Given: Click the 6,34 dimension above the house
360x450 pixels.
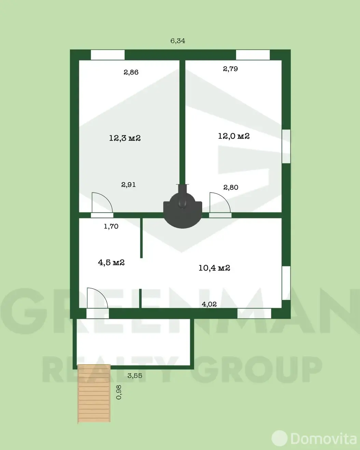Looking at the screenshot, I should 178,41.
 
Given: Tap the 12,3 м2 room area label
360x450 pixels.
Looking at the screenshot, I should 125,138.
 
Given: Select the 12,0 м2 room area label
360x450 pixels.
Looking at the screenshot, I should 234,136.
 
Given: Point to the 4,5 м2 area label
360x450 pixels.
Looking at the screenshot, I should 111,262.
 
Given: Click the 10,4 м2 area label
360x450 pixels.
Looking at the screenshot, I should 214,268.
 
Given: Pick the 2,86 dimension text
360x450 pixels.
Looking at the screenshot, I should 131,72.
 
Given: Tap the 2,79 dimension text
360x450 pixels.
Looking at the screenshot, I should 230,69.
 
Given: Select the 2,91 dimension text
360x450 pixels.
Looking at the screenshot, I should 128,185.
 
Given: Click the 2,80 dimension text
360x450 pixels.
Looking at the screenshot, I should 231,187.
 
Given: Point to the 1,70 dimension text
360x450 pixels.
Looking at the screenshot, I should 111,226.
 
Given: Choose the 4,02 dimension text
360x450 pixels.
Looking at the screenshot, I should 209,304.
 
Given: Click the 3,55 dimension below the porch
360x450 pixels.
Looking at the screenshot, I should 135,376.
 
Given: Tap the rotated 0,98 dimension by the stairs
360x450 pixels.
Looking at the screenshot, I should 119,392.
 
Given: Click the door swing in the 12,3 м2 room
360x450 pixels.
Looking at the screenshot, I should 102,203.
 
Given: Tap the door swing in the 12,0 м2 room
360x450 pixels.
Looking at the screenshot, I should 220,203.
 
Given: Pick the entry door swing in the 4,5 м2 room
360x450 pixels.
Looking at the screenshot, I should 97,299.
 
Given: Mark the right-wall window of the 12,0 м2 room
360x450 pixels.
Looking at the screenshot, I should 286,146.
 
